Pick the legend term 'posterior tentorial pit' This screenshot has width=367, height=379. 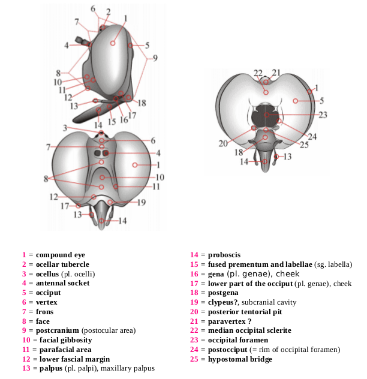point(244,312)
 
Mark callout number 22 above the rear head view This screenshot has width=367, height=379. point(258,73)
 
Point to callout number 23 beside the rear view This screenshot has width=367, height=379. point(323,115)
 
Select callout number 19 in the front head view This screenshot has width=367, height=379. point(142,202)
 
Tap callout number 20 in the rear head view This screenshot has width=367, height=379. point(223,143)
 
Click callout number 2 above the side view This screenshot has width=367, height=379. point(108,12)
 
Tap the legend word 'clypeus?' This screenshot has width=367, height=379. point(224,302)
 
